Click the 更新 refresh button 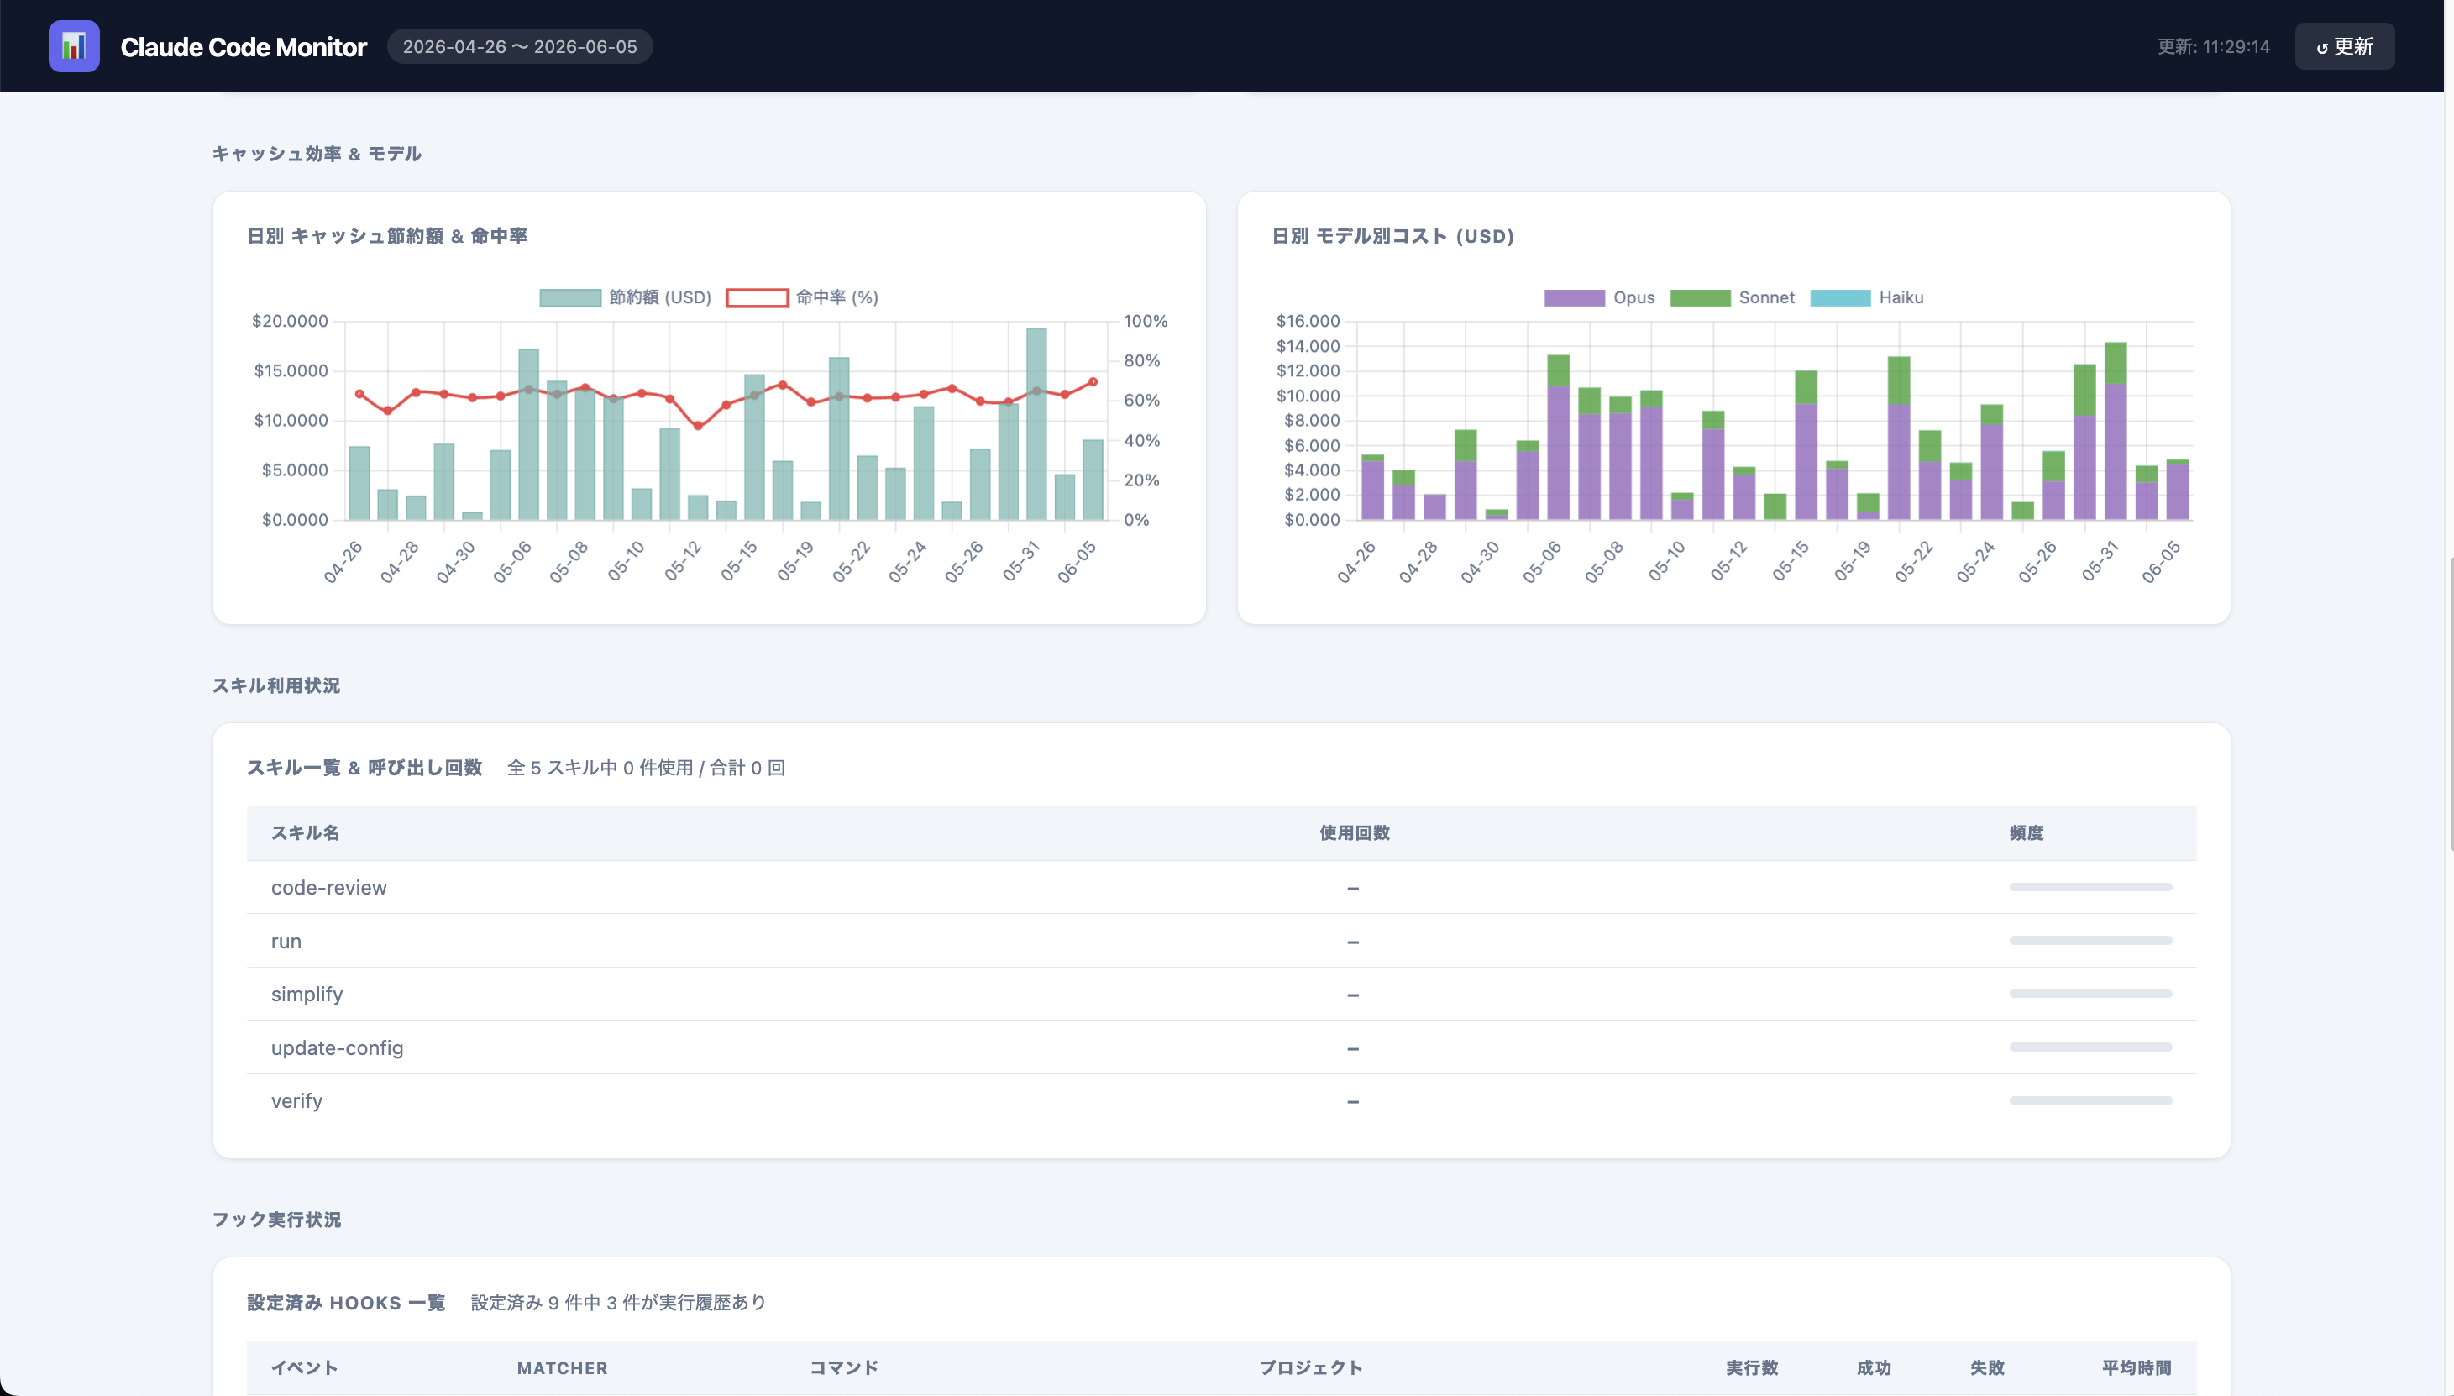(2344, 46)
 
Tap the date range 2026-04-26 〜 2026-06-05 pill (520, 46)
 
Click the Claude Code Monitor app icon (74, 46)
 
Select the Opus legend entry (1599, 297)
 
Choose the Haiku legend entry (1866, 297)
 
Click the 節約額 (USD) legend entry (625, 297)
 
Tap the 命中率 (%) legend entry (802, 297)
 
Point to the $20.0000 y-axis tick (290, 321)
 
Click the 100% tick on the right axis (1146, 321)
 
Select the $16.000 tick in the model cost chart (1308, 321)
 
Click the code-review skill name (329, 888)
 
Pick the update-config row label (338, 1048)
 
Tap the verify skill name (297, 1100)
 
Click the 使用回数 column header (1355, 833)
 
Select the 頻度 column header (2027, 833)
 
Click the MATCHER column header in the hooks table (563, 1368)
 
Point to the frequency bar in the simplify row (2090, 995)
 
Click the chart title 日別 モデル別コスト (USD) (1392, 236)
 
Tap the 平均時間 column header (2137, 1368)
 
